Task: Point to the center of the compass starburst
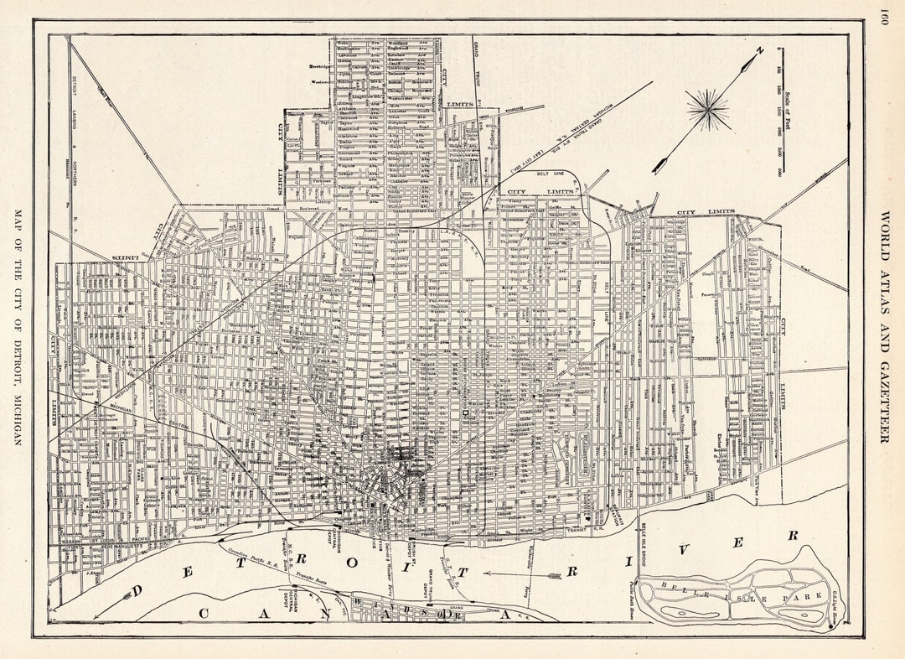coord(708,110)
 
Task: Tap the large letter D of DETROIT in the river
coord(137,592)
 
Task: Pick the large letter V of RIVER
coord(685,550)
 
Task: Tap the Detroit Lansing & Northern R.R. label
coord(70,126)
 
